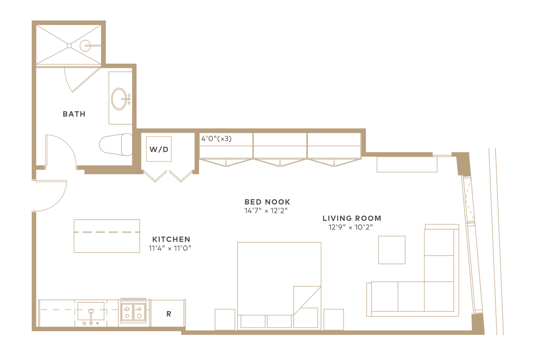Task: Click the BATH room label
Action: point(74,114)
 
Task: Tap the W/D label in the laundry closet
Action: point(159,150)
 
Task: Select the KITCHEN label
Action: point(171,239)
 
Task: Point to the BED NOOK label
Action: point(267,202)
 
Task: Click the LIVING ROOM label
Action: point(352,218)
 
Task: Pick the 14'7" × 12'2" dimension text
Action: point(266,210)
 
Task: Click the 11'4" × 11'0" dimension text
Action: point(170,249)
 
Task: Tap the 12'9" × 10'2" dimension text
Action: point(351,227)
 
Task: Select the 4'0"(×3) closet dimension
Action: point(216,139)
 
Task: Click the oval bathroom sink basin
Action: point(119,99)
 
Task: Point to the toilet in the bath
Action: point(116,145)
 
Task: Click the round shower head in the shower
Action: point(85,46)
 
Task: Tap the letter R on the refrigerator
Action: point(169,314)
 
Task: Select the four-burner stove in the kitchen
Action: point(133,312)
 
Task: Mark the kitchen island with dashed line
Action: point(107,236)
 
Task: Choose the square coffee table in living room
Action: point(392,250)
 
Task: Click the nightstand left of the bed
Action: point(225,320)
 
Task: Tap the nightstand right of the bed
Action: point(333,320)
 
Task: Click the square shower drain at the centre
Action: point(69,45)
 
